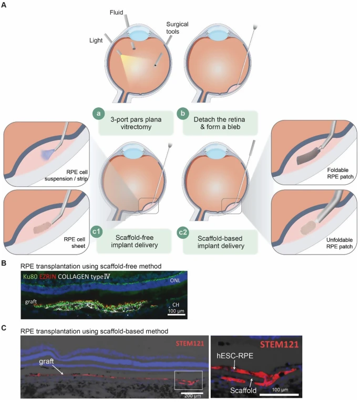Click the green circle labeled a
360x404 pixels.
99,114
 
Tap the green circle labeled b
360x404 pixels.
183,114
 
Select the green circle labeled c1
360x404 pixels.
96,231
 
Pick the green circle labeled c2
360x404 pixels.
183,233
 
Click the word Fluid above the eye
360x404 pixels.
116,13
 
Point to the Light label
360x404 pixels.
96,41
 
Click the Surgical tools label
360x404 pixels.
177,28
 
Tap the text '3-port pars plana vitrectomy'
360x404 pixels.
136,123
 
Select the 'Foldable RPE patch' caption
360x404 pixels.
340,174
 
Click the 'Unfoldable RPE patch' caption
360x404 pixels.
340,243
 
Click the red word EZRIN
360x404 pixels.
48,277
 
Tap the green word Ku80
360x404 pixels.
30,277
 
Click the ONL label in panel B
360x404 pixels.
175,280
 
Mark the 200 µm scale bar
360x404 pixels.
192,393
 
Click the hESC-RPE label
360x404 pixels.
235,356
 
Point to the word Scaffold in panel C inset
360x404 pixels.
243,390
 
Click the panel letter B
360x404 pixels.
4,263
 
